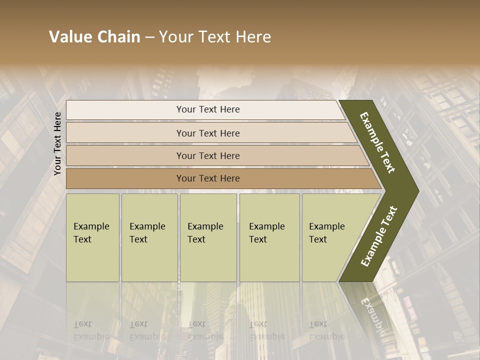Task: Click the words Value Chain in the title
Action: pos(94,37)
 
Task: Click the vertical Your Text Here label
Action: pos(57,143)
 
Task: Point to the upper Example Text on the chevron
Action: pos(377,142)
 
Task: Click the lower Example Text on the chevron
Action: pos(378,236)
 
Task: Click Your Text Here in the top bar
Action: pos(208,109)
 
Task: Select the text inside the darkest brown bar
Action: pos(208,178)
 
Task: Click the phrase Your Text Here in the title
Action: pos(215,37)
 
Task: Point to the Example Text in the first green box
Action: pos(91,233)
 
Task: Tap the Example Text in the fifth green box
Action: pos(326,233)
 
